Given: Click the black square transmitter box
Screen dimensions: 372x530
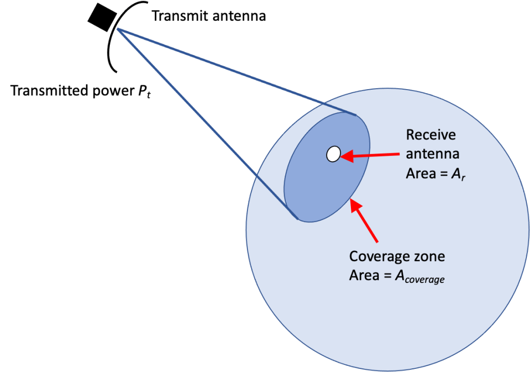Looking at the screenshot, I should click(100, 17).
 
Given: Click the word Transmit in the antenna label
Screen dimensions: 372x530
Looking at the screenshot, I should click(179, 17).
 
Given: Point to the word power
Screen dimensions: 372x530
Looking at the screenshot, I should click(117, 92).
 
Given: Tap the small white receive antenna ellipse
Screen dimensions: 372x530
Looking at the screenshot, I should click(333, 154).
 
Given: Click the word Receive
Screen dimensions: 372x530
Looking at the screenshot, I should click(431, 135).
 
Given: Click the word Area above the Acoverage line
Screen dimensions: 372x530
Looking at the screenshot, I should click(364, 275).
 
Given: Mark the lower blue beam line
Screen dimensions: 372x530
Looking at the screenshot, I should click(207, 124).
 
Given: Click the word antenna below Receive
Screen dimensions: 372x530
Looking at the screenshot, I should click(433, 154).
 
